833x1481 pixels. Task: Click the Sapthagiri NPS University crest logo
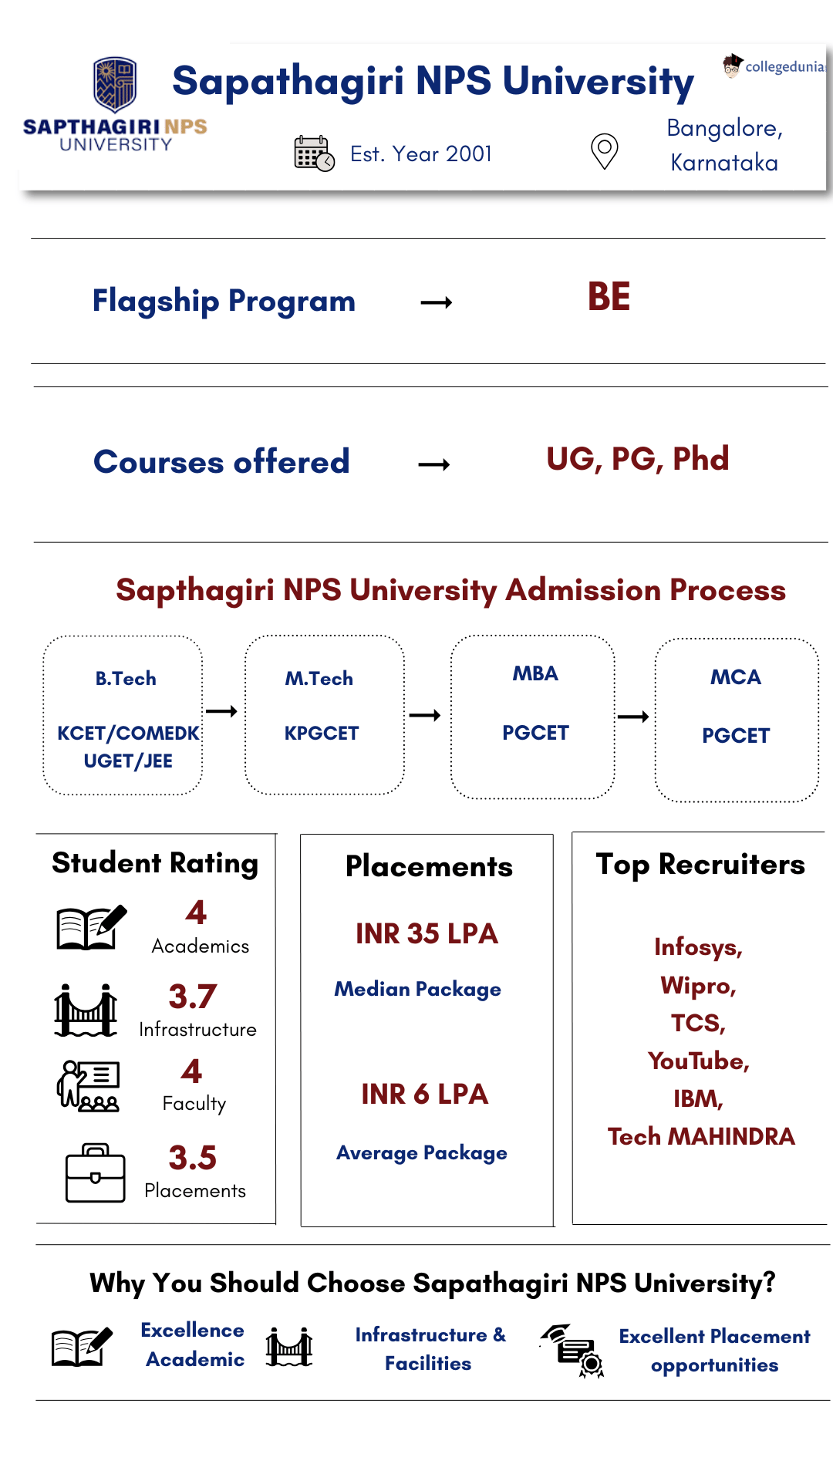[x=115, y=84]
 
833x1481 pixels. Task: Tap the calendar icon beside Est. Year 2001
[x=314, y=153]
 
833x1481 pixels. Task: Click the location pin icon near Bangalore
[x=605, y=150]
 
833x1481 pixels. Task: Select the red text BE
[x=609, y=297]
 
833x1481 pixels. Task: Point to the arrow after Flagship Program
[x=437, y=302]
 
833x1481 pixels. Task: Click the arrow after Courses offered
[x=434, y=464]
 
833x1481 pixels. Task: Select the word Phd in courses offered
[x=700, y=459]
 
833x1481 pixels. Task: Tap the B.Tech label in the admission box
[x=126, y=679]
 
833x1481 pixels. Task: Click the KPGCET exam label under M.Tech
[x=322, y=733]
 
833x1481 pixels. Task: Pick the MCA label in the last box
[x=736, y=677]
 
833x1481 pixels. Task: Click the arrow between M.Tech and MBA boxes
[x=425, y=716]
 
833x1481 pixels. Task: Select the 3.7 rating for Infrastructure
[x=193, y=997]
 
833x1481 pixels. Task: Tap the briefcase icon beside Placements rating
[x=96, y=1173]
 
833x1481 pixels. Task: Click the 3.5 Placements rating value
[x=193, y=1158]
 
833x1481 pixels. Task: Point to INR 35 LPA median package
[x=427, y=934]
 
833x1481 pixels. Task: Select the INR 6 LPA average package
[x=425, y=1095]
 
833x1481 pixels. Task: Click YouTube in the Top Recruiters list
[x=698, y=1061]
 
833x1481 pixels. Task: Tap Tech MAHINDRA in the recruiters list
[x=701, y=1137]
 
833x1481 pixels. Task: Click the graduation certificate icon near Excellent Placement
[x=572, y=1351]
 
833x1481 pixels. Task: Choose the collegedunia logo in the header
[x=774, y=66]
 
